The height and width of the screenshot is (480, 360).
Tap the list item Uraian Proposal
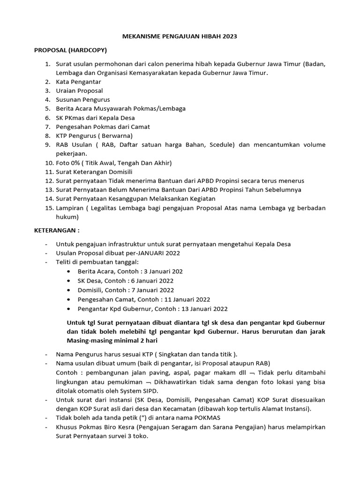pos(79,90)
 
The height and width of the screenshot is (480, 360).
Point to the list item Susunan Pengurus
pos(83,99)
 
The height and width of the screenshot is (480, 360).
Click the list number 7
pos(47,127)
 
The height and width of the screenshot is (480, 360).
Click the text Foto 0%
pos(67,163)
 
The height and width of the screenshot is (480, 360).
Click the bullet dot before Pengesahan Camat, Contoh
pos(69,299)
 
